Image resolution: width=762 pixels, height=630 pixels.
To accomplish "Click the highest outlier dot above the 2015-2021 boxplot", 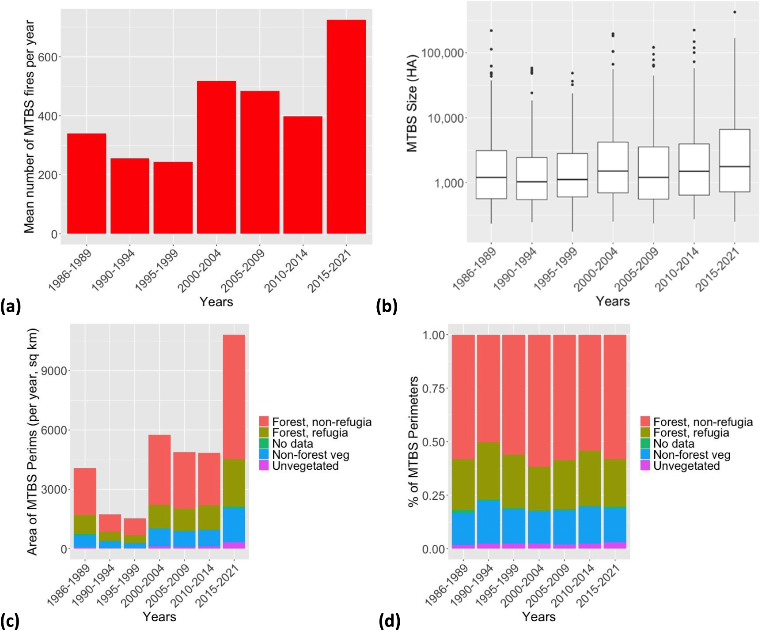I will click(x=735, y=12).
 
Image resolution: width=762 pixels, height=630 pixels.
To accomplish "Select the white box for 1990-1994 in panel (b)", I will click(x=531, y=178).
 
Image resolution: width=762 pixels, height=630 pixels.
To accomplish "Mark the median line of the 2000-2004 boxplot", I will click(x=613, y=171).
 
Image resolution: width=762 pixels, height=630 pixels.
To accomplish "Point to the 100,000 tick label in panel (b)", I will click(x=443, y=53).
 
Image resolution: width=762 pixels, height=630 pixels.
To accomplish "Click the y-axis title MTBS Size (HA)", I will click(x=412, y=104).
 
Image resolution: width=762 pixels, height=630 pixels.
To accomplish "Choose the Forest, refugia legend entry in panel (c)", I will click(x=310, y=433).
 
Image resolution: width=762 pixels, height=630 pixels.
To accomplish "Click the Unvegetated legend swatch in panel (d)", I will click(x=644, y=466).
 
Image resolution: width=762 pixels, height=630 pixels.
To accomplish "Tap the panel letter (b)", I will click(x=386, y=306).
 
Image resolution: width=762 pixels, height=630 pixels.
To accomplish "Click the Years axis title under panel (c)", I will click(x=159, y=616).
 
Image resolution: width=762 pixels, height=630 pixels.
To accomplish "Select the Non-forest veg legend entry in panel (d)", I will click(x=691, y=455).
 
